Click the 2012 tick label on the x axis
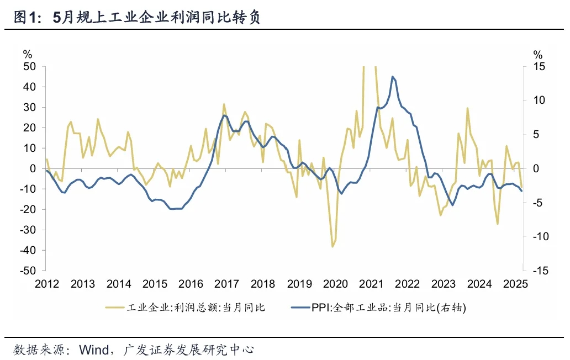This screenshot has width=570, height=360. [47, 284]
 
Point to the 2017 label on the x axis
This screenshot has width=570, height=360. [226, 284]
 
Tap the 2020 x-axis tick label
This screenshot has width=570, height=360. [335, 284]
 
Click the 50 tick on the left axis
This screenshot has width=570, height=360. [30, 66]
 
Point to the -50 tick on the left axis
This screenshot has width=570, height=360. [28, 271]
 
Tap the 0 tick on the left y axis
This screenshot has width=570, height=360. [33, 168]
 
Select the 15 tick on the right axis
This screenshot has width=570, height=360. [539, 66]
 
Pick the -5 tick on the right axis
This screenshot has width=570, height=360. [539, 203]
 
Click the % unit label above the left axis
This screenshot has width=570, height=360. [28, 54]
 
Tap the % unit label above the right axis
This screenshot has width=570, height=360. [537, 54]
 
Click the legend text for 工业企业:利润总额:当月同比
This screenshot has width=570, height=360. [196, 308]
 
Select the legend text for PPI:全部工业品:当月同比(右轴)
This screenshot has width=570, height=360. [389, 308]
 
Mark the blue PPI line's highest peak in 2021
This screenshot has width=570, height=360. [392, 77]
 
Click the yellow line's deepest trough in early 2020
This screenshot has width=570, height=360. [332, 247]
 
